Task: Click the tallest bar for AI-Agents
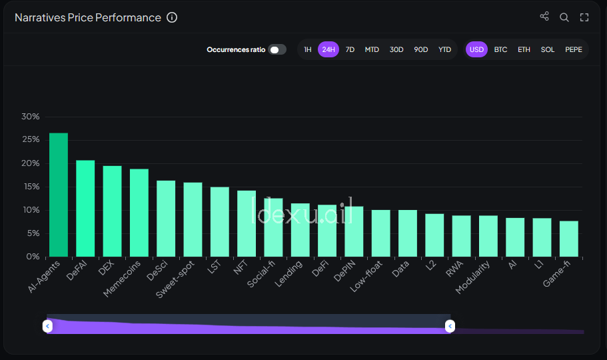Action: pos(59,195)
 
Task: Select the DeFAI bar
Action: pos(85,209)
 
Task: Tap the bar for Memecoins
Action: pos(139,213)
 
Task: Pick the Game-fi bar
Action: pos(569,239)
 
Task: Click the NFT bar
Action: pos(247,223)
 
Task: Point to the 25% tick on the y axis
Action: pos(31,140)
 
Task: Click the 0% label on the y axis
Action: pos(33,257)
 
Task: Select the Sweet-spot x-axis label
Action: pos(176,280)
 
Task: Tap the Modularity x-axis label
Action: pos(474,277)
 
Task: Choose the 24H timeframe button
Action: pos(328,49)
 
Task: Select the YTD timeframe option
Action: pos(444,49)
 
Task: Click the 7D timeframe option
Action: pos(350,49)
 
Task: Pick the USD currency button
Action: pos(476,49)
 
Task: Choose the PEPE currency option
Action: pos(573,49)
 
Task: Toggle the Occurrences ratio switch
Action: pos(277,49)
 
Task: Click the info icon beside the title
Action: pos(172,17)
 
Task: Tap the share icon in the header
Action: pos(544,17)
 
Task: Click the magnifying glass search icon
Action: pos(564,17)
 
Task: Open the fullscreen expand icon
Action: pos(584,17)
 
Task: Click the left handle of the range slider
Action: pos(47,326)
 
